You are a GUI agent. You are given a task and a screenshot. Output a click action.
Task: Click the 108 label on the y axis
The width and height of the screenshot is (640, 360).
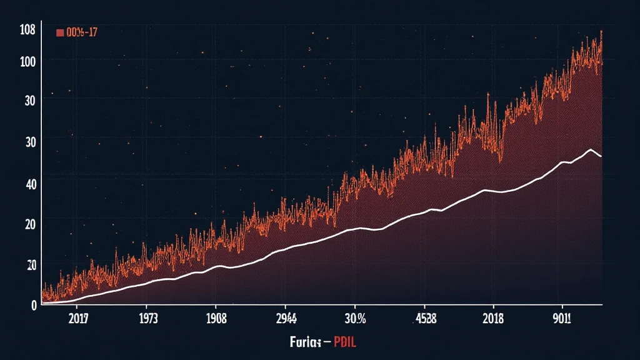(27, 29)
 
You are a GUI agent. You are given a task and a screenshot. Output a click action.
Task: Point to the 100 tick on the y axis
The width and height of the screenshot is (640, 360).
(27, 61)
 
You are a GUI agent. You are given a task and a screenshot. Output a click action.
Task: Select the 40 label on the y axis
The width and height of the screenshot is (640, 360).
(29, 183)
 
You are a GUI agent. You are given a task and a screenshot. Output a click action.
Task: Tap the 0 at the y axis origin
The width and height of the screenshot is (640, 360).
(34, 305)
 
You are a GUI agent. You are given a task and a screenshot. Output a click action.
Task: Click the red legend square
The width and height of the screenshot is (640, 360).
(60, 32)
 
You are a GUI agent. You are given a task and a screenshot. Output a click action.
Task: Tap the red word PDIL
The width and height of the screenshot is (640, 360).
(345, 342)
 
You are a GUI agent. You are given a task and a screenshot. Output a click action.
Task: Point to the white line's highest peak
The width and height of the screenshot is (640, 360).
(590, 149)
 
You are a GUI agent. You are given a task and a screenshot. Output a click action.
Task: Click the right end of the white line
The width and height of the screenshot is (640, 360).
(601, 156)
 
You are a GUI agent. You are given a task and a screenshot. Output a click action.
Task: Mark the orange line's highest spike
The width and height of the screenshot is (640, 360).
(601, 31)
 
